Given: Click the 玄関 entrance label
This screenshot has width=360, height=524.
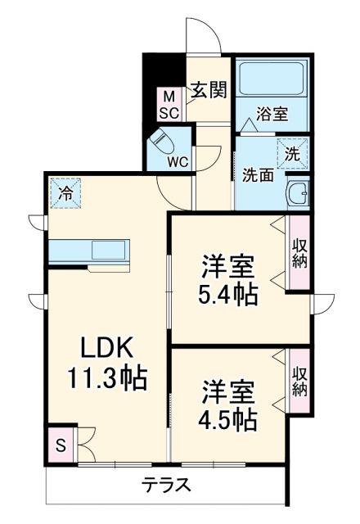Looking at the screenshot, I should (x=209, y=90).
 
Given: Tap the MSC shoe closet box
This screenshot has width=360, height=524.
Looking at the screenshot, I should (x=169, y=105).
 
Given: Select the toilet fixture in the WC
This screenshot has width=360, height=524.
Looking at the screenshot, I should (x=161, y=147).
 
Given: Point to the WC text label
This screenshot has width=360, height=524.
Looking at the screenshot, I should (x=178, y=161).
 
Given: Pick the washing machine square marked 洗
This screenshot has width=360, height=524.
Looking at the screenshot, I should (x=292, y=151).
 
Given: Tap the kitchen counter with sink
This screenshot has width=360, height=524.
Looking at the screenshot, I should (x=88, y=251).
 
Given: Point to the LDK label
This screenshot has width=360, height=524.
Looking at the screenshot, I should (x=106, y=347).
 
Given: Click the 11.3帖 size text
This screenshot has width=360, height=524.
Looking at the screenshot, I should (x=106, y=378).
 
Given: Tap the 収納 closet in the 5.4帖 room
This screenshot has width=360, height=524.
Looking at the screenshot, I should (x=299, y=252).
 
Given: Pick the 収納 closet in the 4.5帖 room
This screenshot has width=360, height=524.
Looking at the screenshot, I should (x=299, y=381).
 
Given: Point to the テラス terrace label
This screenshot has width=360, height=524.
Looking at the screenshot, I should (x=167, y=485).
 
